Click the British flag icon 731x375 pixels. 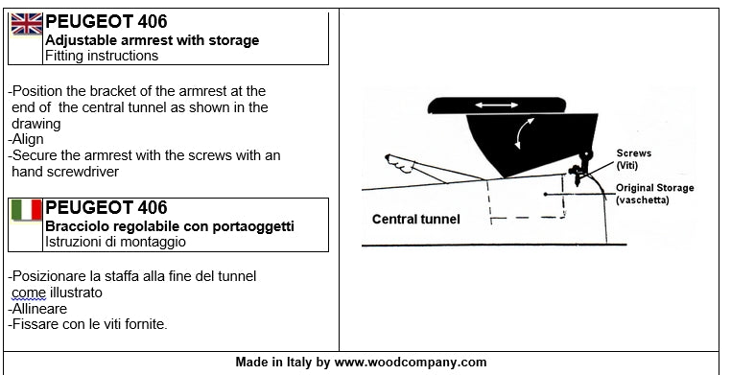(26, 24)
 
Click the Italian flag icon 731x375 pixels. (26, 209)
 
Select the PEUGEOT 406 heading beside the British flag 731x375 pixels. (106, 22)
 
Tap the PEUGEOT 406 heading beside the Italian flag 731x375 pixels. (106, 207)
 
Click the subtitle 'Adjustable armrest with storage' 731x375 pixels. (152, 40)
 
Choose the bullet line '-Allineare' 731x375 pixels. (37, 309)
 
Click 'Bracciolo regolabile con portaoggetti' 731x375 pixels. (169, 226)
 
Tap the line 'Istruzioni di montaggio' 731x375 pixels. (115, 242)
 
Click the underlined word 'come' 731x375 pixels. (28, 293)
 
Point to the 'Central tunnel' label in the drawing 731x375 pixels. (415, 220)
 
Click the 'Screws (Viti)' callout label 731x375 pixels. (633, 159)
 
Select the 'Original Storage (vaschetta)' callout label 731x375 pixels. (654, 194)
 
